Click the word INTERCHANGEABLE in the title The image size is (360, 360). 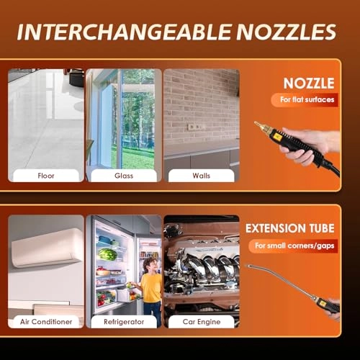124,32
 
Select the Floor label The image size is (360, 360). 46,176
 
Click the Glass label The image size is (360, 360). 124,176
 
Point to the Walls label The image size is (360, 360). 201,176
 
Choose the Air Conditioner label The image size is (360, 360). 46,322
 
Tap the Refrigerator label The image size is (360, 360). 124,322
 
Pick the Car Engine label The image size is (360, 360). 202,322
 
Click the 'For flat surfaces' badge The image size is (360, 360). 305,99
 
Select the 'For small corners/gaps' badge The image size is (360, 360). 293,246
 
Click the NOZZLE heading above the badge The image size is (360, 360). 309,84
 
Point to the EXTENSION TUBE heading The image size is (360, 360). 290,228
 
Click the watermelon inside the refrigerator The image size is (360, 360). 107,255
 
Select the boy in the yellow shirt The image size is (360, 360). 149,289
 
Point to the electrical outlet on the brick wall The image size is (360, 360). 197,127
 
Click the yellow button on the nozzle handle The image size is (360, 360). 279,136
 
